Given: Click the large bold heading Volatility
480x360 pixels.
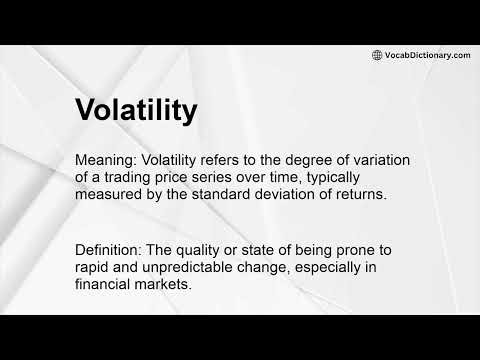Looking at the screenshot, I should click(136, 112).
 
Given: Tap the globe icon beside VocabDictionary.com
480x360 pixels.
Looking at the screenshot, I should click(377, 55).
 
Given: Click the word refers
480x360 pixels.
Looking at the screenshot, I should click(218, 161).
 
